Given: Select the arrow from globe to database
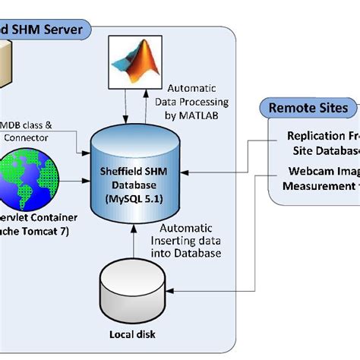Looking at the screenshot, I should (76, 182).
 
